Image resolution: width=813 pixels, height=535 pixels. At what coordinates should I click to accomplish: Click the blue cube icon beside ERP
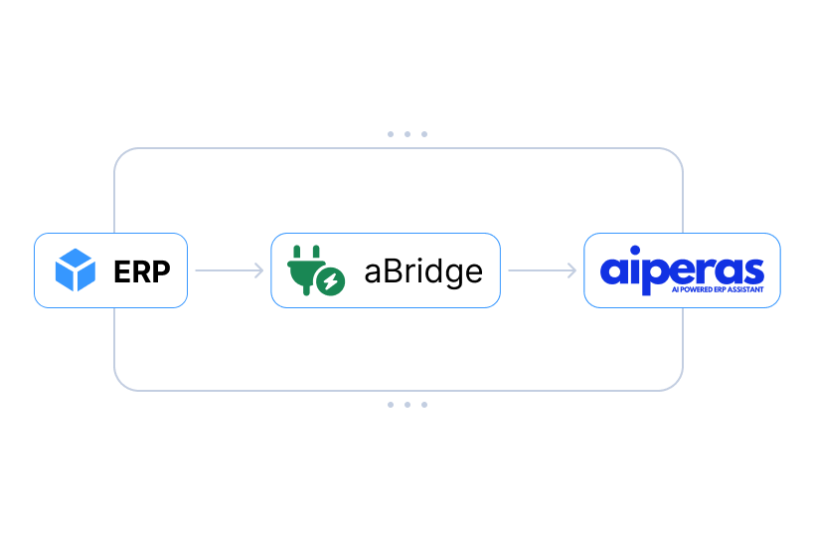76,270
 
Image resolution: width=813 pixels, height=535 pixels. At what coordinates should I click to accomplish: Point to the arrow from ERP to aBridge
229,270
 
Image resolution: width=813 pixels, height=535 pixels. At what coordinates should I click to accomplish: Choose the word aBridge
422,270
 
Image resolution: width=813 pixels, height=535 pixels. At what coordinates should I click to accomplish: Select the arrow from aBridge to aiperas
542,270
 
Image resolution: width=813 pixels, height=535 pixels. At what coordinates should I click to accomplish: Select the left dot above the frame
391,133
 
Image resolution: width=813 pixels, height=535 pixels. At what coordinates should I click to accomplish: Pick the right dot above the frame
424,133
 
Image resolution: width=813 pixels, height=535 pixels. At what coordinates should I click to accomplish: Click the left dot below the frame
391,405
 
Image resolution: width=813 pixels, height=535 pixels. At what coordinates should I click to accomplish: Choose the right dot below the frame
424,405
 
